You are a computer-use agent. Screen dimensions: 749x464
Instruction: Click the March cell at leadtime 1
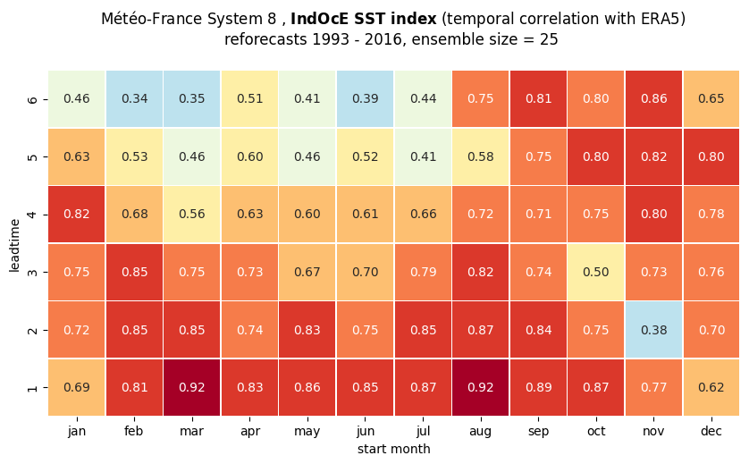click(x=192, y=387)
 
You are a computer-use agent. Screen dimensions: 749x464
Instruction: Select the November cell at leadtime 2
click(x=653, y=330)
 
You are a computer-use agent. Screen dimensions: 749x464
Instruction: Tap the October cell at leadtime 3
click(x=595, y=272)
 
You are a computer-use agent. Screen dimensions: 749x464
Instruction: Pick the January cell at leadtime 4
click(x=77, y=214)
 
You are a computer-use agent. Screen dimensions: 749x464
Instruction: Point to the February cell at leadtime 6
click(x=134, y=99)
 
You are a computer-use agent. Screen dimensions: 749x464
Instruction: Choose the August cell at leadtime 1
click(x=481, y=387)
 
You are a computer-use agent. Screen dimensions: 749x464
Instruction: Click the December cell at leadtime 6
click(x=711, y=99)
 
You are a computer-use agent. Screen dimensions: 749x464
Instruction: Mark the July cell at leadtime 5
click(x=423, y=156)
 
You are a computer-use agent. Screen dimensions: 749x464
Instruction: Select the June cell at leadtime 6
click(x=365, y=99)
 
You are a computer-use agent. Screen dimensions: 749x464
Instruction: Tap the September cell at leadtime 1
click(x=538, y=387)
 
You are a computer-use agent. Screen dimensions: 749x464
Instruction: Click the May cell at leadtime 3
click(x=307, y=272)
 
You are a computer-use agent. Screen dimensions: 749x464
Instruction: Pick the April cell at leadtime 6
click(x=250, y=99)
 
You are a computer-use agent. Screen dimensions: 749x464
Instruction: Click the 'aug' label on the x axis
click(x=481, y=432)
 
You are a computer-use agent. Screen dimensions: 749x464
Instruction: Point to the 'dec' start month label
click(x=711, y=431)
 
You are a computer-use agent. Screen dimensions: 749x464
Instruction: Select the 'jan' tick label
click(x=77, y=432)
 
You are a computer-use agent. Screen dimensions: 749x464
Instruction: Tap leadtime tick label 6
click(x=32, y=99)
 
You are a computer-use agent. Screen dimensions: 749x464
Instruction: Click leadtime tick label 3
click(x=32, y=273)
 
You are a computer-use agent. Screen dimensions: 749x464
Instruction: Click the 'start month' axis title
click(x=393, y=449)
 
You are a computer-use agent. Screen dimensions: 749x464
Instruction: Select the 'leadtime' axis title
click(x=14, y=246)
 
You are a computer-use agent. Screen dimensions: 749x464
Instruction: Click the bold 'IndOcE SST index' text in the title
click(x=364, y=19)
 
